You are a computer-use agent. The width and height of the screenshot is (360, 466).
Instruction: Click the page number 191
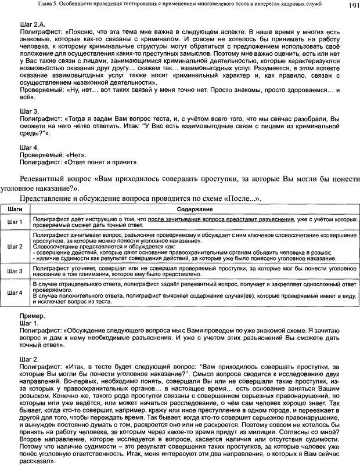click(350, 6)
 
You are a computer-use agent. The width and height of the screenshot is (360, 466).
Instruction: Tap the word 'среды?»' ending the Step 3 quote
click(34, 133)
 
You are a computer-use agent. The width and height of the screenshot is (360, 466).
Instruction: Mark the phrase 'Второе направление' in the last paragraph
click(51, 447)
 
